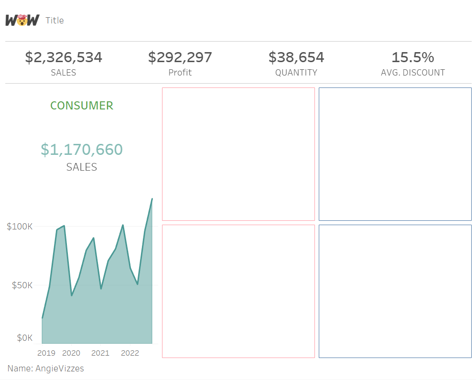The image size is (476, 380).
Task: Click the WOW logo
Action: click(22, 20)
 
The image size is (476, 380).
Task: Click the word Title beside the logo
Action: click(54, 21)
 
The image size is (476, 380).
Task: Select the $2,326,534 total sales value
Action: click(64, 57)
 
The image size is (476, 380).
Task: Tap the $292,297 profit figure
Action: click(180, 57)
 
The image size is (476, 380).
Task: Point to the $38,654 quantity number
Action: click(296, 57)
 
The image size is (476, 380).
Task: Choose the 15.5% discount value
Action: click(413, 57)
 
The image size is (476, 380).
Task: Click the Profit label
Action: click(180, 73)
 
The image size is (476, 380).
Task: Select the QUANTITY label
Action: click(296, 73)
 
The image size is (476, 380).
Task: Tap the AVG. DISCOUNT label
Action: click(413, 73)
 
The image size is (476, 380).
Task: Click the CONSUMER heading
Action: click(82, 106)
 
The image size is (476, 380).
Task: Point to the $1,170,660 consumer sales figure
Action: click(82, 150)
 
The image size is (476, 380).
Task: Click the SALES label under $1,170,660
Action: click(82, 167)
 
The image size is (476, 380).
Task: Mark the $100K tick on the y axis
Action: click(20, 227)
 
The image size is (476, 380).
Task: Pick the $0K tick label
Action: click(24, 338)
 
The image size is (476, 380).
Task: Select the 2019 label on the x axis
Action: click(46, 353)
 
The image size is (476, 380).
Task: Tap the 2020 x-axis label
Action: click(71, 353)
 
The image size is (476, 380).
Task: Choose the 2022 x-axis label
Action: click(130, 353)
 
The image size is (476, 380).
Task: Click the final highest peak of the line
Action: click(152, 199)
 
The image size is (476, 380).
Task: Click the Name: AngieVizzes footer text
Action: click(46, 369)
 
